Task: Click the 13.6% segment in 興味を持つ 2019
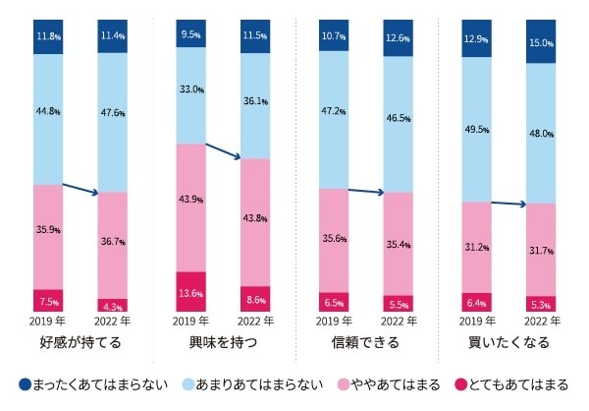(x=190, y=292)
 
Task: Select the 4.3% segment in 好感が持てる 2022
(x=113, y=305)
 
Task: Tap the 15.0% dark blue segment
(x=540, y=41)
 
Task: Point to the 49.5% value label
(x=475, y=129)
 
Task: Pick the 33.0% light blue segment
(x=190, y=89)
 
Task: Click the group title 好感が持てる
(x=80, y=343)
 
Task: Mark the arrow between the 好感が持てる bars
(x=80, y=188)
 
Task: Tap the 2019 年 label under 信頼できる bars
(x=333, y=322)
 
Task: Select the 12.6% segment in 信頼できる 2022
(x=398, y=38)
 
